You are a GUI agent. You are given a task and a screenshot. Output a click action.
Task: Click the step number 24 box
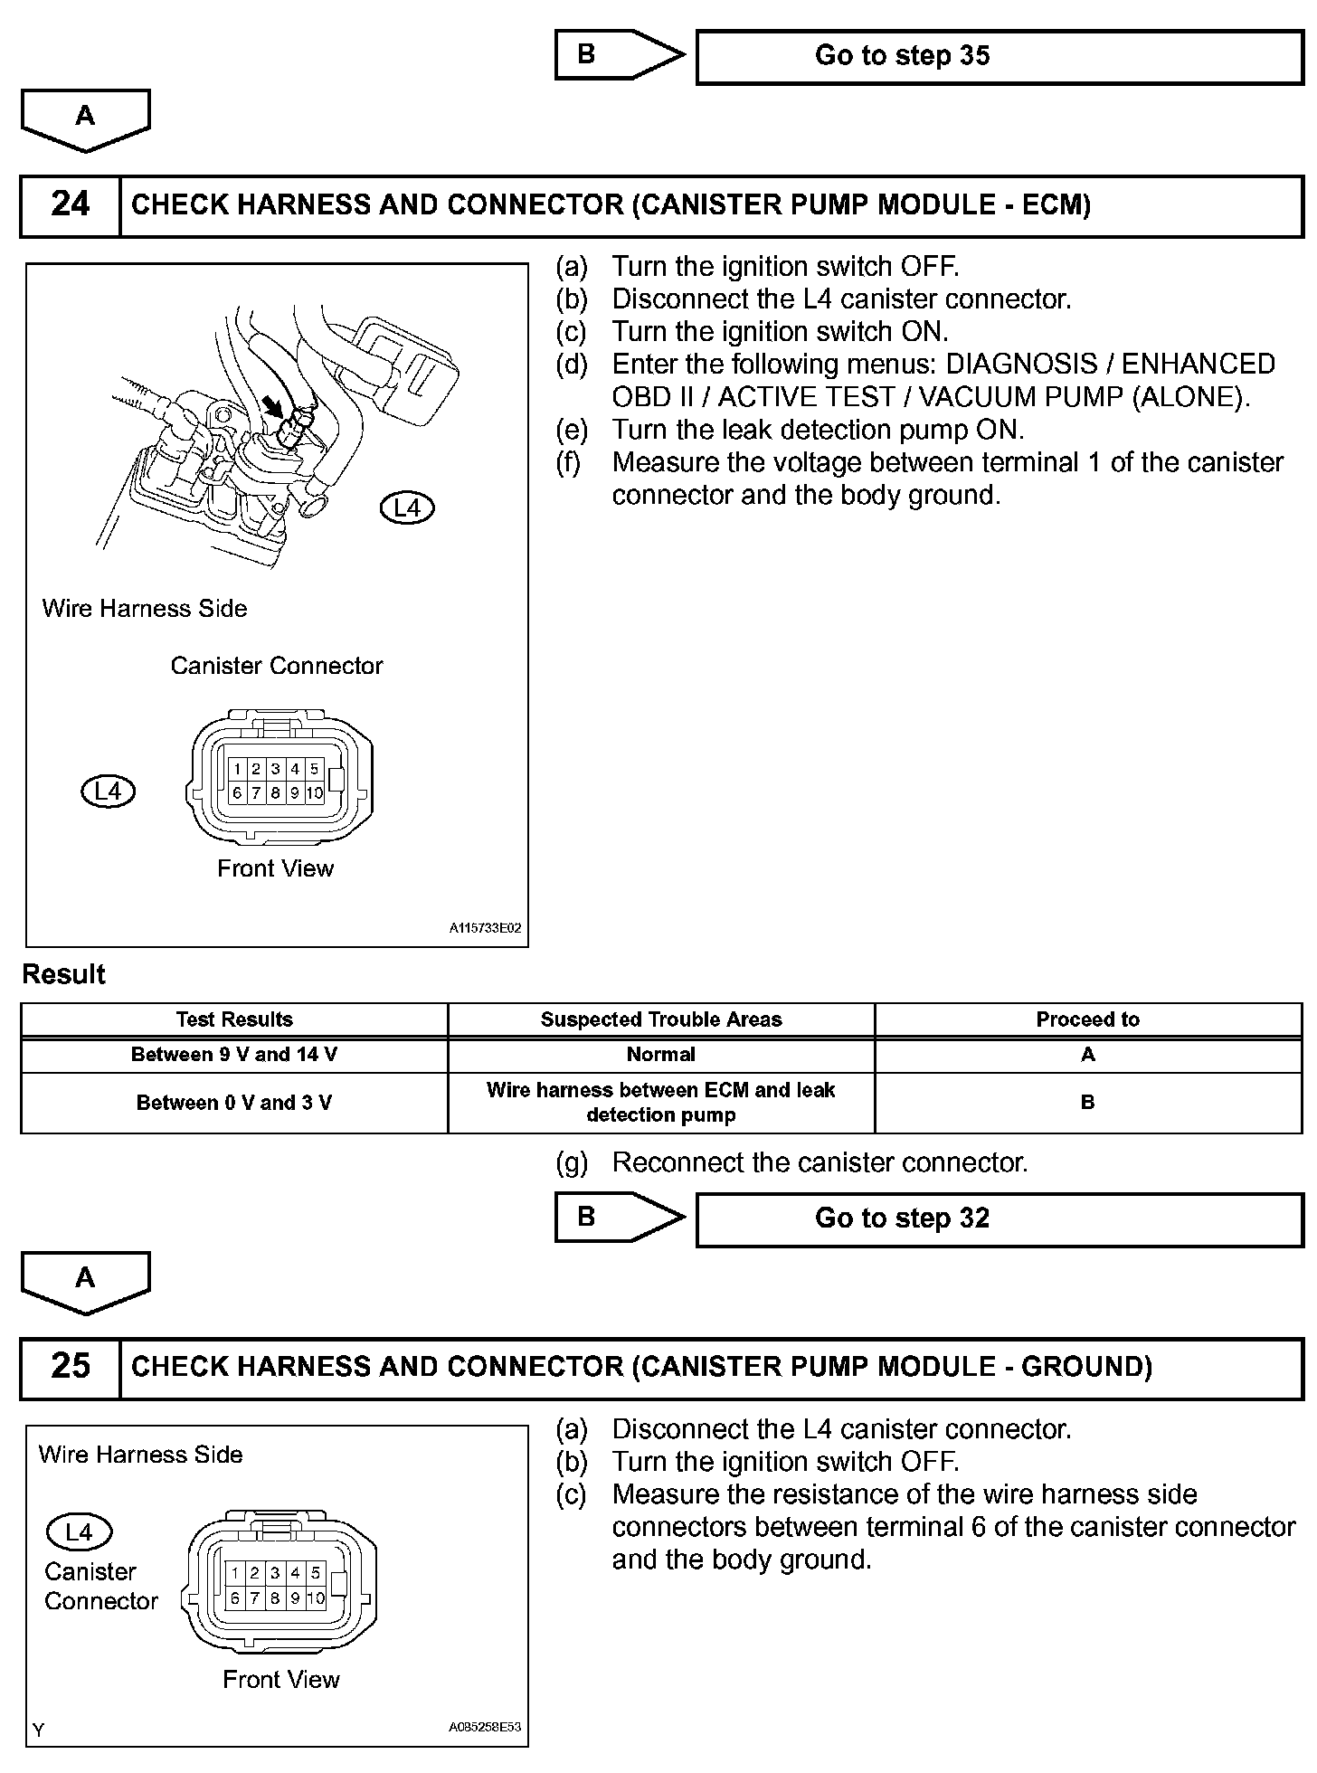[71, 205]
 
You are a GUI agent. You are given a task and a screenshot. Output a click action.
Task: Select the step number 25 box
[71, 1367]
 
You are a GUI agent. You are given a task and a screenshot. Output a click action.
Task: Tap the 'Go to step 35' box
[999, 56]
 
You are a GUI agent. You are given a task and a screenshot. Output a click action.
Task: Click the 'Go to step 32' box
[999, 1218]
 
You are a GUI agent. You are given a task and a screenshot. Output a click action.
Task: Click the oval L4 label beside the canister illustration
[407, 508]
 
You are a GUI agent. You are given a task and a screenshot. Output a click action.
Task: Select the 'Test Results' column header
[234, 1019]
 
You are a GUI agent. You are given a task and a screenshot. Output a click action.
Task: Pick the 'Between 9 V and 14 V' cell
[234, 1055]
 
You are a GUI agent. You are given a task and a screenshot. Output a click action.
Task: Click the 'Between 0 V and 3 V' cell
[234, 1103]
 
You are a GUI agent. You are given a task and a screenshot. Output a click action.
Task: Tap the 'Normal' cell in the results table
[661, 1055]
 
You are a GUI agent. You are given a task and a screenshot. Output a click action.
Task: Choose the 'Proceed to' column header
[1087, 1019]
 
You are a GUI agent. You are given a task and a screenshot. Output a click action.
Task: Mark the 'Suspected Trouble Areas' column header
[661, 1019]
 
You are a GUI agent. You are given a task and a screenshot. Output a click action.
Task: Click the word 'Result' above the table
[64, 975]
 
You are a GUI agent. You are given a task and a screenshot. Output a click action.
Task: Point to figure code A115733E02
[486, 929]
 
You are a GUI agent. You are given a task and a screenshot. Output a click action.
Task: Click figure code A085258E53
[486, 1727]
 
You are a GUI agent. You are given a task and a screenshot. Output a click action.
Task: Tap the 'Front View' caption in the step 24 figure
[276, 869]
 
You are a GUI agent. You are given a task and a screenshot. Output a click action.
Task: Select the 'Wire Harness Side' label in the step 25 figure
[141, 1455]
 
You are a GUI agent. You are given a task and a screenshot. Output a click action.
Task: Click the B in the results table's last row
[1087, 1103]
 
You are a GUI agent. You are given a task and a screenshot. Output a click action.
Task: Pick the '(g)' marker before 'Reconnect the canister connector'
[572, 1163]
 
